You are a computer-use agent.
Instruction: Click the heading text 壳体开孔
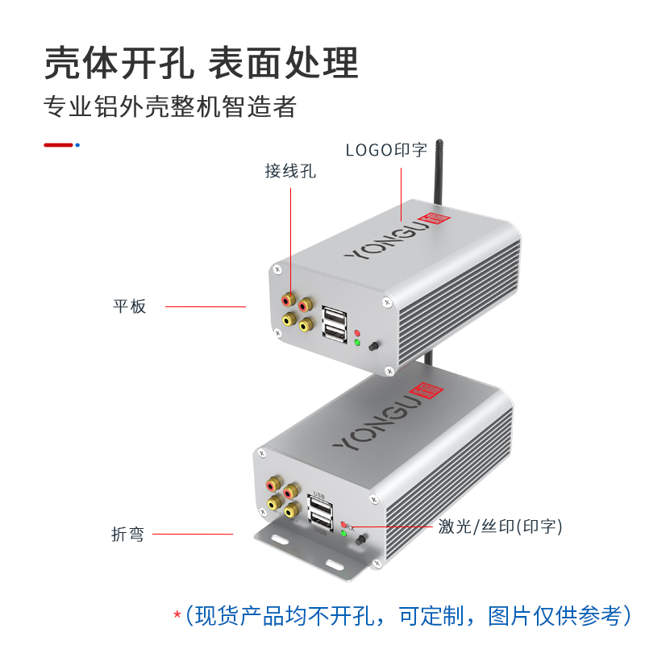point(118,63)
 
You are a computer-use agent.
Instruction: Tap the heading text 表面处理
point(283,63)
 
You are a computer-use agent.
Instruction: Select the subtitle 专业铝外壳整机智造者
point(170,107)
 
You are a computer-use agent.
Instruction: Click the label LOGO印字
point(386,150)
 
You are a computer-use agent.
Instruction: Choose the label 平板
point(129,306)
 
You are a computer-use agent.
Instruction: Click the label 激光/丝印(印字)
point(500,526)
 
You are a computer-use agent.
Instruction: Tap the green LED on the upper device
point(356,342)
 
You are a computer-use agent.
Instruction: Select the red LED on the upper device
point(356,331)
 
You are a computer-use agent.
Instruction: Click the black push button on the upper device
point(373,347)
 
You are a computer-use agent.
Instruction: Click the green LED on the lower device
point(343,533)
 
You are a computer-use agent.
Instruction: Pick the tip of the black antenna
point(439,144)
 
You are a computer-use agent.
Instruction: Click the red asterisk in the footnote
point(177,616)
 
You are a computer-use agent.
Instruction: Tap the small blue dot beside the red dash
point(77,145)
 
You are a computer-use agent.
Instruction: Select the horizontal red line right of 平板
point(205,306)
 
